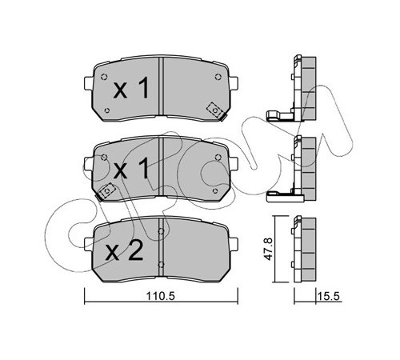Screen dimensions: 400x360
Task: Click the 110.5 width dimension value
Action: pyautogui.click(x=161, y=296)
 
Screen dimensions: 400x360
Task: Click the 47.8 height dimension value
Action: pyautogui.click(x=268, y=249)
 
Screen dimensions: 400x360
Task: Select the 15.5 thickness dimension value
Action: pyautogui.click(x=328, y=296)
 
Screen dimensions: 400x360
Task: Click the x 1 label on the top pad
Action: pyautogui.click(x=131, y=88)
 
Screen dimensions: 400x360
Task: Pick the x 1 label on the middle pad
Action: pyautogui.click(x=131, y=168)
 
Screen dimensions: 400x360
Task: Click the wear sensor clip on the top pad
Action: pyautogui.click(x=215, y=110)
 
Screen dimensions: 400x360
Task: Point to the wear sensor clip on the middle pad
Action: pyautogui.click(x=106, y=191)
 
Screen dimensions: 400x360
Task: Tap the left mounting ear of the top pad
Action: pyautogui.click(x=89, y=83)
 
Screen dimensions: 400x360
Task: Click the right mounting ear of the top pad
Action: pyautogui.click(x=233, y=83)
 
